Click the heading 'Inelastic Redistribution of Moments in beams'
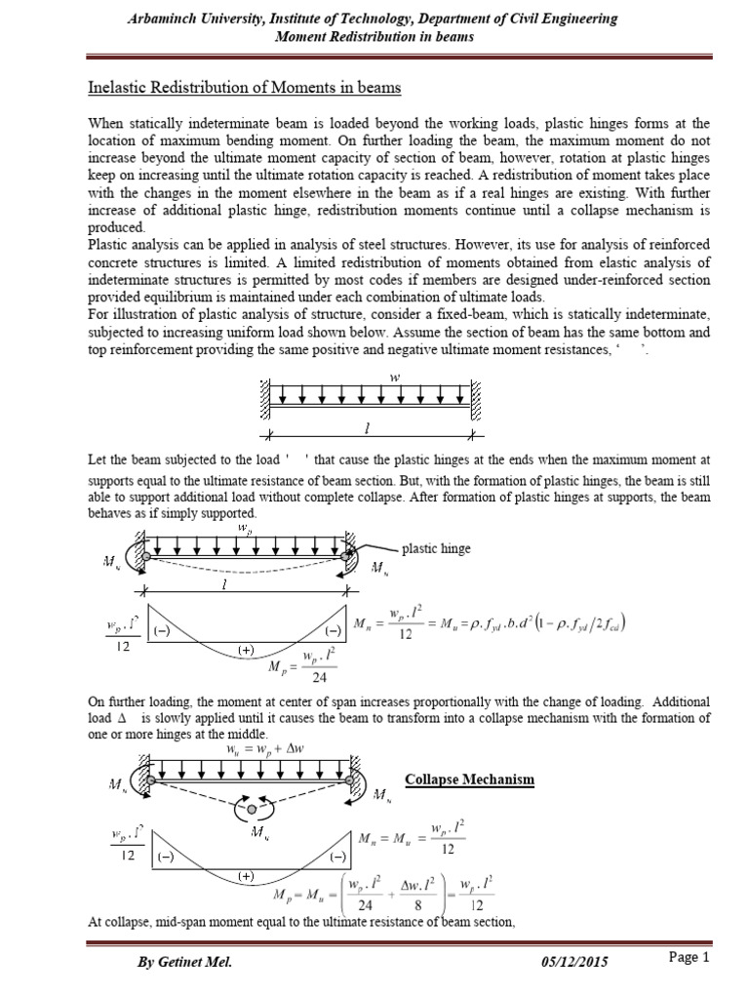pyautogui.click(x=244, y=89)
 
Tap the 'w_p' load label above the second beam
pyautogui.click(x=242, y=528)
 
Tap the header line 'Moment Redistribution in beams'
pyautogui.click(x=374, y=37)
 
